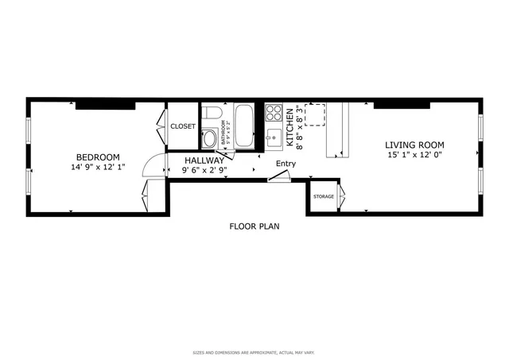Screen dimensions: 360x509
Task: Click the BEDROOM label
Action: (x=98, y=157)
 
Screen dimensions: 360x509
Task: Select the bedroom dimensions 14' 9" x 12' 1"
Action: (x=98, y=167)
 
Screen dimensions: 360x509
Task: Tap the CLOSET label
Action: (x=183, y=126)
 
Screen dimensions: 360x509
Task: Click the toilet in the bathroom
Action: (x=210, y=138)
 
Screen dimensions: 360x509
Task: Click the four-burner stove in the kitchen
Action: (x=274, y=113)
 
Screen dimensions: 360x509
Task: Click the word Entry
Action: (x=285, y=165)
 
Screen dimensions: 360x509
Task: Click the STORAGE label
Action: (x=323, y=195)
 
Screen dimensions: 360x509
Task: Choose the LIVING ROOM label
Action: (x=414, y=145)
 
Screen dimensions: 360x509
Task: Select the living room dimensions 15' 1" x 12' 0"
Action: (x=414, y=156)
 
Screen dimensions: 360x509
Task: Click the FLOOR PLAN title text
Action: (x=254, y=226)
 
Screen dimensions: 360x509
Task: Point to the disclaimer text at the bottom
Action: (x=254, y=350)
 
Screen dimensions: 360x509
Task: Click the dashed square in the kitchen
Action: (x=317, y=114)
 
